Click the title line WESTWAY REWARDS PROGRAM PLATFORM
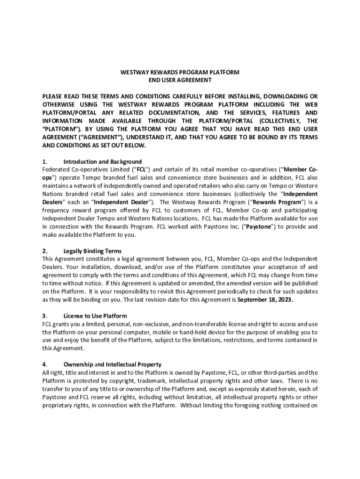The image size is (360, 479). [x=180, y=73]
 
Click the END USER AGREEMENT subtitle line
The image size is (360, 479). [x=180, y=80]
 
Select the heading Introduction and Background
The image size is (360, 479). [x=102, y=162]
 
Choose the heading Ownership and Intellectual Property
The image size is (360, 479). [x=112, y=364]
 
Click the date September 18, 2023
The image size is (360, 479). [x=265, y=300]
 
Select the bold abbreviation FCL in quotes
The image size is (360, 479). [x=141, y=169]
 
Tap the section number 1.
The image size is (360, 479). [x=44, y=162]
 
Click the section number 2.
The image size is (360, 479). [x=44, y=251]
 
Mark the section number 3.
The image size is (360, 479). [x=44, y=316]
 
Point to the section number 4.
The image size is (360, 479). [x=44, y=364]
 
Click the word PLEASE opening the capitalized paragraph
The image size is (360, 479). [x=52, y=97]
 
